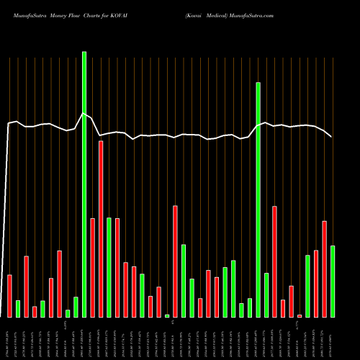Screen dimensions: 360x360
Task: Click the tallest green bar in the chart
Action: [84, 184]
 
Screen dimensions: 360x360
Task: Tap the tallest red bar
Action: [101, 229]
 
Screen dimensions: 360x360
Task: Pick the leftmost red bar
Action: [10, 296]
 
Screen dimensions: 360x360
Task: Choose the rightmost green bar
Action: [333, 282]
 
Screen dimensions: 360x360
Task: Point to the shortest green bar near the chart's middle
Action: [167, 316]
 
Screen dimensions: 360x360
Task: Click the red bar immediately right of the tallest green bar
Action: [93, 267]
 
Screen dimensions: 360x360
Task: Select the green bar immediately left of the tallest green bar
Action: [76, 307]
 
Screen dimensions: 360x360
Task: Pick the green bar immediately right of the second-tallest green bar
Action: [266, 295]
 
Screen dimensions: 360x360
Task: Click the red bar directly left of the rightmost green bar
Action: [325, 269]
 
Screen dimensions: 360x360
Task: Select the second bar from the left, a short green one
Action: [18, 309]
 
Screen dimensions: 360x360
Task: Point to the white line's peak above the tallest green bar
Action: [84, 113]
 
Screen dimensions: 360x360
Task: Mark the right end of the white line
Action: [332, 137]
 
